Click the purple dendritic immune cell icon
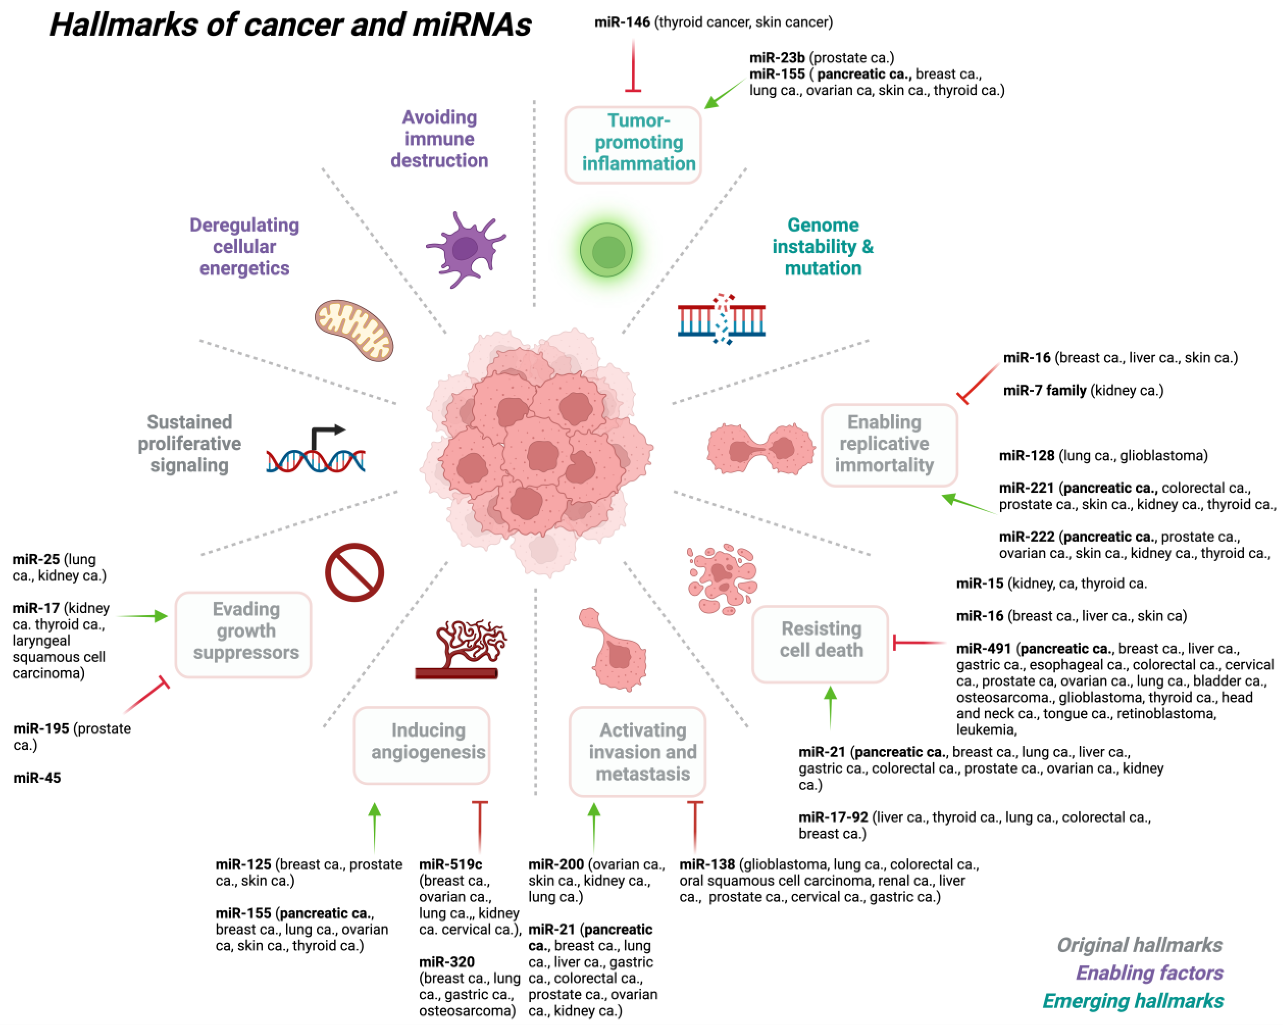(x=465, y=249)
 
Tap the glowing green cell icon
(x=607, y=250)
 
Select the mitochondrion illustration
(x=354, y=330)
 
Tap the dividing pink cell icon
(x=761, y=448)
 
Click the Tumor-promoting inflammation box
(x=633, y=144)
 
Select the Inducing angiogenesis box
(x=422, y=745)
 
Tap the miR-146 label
(x=622, y=22)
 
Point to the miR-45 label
(x=37, y=777)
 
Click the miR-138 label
(x=707, y=864)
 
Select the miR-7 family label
(x=1044, y=390)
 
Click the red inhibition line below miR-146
(x=633, y=66)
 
